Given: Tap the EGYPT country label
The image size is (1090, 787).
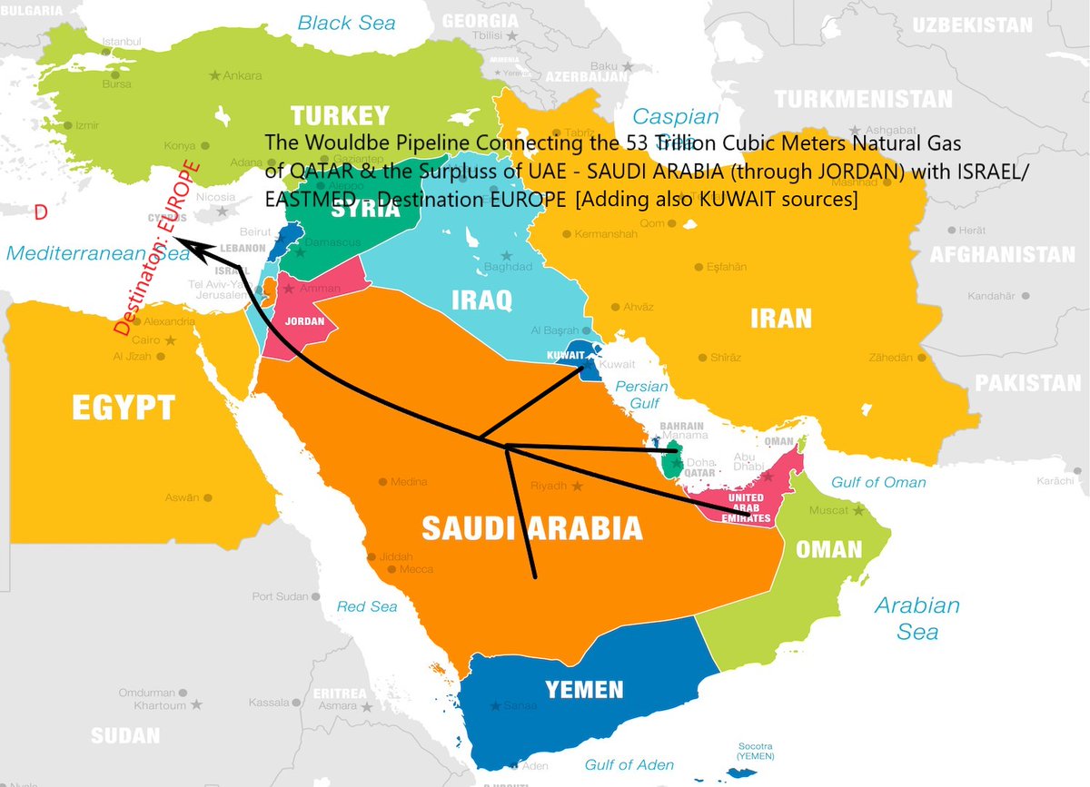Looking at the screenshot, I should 124,408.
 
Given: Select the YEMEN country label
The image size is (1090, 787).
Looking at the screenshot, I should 584,690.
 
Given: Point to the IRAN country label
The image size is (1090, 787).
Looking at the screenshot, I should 780,318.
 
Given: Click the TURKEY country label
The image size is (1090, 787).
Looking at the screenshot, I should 340,116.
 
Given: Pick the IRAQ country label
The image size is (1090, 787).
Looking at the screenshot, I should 481,299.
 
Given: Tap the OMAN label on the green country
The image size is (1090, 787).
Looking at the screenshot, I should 828,549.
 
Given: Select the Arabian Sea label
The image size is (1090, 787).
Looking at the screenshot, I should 917,617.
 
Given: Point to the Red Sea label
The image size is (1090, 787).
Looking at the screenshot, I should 367,606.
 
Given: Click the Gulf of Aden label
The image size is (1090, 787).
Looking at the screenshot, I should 630,765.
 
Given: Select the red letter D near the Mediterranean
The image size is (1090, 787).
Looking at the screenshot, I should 40,212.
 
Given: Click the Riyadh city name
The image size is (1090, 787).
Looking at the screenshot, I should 549,486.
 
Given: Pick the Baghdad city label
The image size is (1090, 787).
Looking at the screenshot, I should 508,267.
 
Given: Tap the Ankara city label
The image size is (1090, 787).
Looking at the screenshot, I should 243,75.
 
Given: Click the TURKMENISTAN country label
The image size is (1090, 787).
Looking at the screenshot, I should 863,99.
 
